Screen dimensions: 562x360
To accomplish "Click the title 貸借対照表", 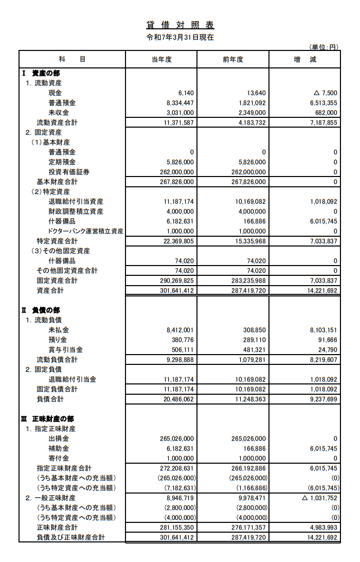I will pos(179,25).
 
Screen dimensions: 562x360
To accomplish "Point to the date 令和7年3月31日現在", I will pos(180,38).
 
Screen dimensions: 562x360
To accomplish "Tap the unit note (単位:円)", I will pos(323,47).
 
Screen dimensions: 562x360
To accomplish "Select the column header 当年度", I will pos(161,60).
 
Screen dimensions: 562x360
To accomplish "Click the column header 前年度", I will pos(233,60).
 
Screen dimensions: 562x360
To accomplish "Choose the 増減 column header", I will pos(305,60).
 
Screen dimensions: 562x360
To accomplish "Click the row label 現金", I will pos(55,93).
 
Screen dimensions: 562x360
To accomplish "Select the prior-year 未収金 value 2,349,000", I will pos(251,113).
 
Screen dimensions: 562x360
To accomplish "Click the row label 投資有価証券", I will pos(69,172).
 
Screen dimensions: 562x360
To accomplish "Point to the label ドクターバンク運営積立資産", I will pos(85,231).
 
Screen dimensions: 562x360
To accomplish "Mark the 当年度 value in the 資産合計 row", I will pos(176,291).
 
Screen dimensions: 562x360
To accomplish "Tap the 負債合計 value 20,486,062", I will pos(178,399).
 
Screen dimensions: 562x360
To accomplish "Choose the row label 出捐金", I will pos(59,438).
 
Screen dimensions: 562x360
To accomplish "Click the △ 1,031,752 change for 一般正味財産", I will pos(319,498).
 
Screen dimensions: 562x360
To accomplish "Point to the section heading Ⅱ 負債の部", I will pos(41,310).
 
